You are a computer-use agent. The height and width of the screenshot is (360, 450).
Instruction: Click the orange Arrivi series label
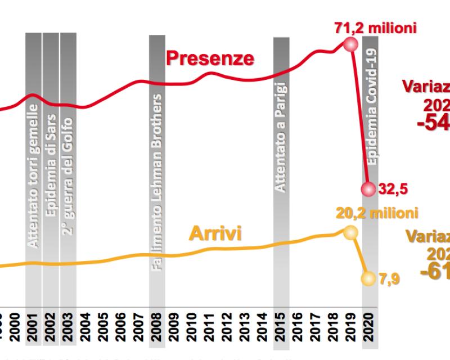216,233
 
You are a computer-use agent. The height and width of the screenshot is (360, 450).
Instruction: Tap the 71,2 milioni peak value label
375,28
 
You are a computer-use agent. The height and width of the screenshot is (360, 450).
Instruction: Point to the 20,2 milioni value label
377,213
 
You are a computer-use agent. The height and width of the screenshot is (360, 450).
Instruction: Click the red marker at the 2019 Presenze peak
351,44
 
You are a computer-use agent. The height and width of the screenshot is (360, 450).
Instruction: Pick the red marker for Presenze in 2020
369,189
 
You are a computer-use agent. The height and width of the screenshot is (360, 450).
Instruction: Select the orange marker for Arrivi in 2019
350,232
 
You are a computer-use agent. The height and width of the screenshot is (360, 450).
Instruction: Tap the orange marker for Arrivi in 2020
369,278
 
